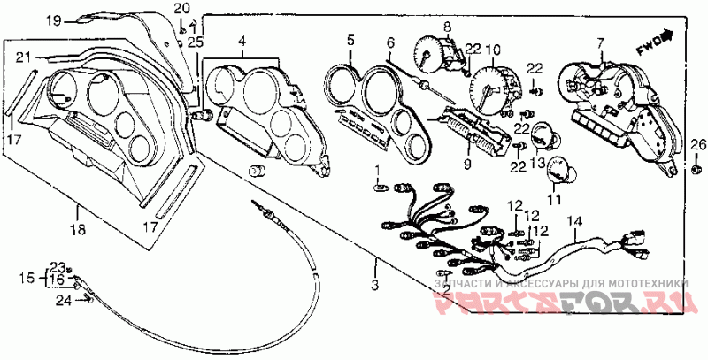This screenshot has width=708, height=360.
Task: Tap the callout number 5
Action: pyautogui.click(x=350, y=41)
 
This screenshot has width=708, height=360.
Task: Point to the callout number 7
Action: pyautogui.click(x=600, y=43)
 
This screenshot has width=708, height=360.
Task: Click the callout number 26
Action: pyautogui.click(x=695, y=145)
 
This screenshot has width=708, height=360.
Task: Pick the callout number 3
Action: pyautogui.click(x=375, y=285)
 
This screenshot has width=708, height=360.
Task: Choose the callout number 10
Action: pyautogui.click(x=493, y=49)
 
